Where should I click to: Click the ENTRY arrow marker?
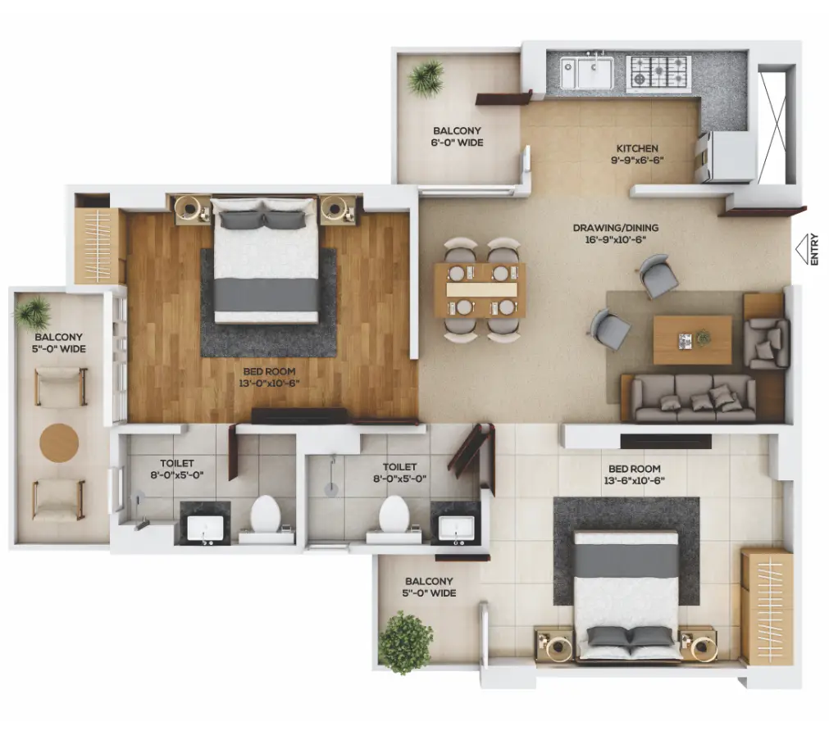tap(803, 248)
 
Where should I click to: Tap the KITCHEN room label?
tap(637, 148)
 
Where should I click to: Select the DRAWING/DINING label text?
tap(616, 228)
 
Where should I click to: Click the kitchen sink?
tap(587, 72)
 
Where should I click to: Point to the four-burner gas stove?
tap(658, 71)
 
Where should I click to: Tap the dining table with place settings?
tap(480, 289)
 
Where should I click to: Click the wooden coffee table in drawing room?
tap(693, 340)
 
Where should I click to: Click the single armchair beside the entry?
tap(766, 343)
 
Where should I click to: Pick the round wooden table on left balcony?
tap(59, 443)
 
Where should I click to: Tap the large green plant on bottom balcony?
tap(406, 642)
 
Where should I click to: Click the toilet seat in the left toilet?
tap(265, 515)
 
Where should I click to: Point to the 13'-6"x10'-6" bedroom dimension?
tap(634, 481)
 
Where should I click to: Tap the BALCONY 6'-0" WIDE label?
tap(458, 136)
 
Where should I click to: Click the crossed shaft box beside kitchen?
tap(777, 125)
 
